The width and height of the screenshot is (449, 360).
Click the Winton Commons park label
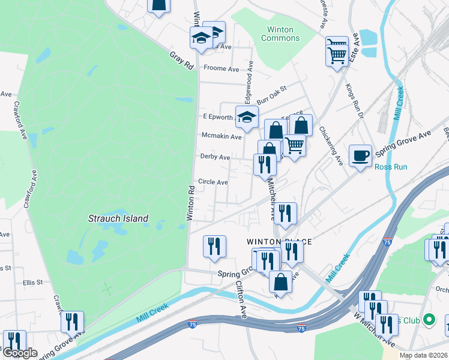(x=280, y=34)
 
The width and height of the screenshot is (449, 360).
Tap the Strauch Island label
(x=118, y=218)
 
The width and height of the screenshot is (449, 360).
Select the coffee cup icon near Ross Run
(x=360, y=156)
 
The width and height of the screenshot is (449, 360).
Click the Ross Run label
(x=391, y=167)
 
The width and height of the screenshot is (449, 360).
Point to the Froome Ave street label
(x=221, y=68)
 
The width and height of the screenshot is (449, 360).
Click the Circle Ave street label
(x=213, y=182)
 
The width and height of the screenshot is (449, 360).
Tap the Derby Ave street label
(x=215, y=157)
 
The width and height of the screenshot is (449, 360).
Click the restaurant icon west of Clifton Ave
(x=214, y=247)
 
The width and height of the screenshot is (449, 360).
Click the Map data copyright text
(x=421, y=355)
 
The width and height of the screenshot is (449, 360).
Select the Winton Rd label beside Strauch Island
(x=191, y=202)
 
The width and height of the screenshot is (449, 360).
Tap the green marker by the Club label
(x=429, y=319)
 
